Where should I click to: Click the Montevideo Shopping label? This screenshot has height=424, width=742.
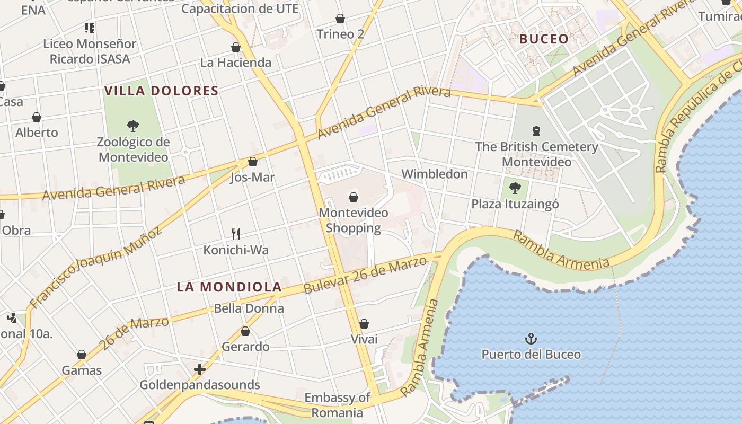coord(353,220)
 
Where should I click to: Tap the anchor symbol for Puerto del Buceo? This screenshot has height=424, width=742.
coord(531,339)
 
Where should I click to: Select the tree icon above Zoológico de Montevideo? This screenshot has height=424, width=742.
coord(133,126)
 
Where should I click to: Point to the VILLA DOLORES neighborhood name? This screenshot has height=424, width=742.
coord(162,91)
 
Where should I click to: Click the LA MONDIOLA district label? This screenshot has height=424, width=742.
coord(229,287)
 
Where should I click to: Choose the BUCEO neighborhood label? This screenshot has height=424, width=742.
coord(544,39)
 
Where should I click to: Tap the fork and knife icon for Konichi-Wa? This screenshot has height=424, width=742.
coord(236,234)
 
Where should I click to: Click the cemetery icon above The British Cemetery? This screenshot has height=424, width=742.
coord(536,130)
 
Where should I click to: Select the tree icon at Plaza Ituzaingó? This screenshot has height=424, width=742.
coord(515,188)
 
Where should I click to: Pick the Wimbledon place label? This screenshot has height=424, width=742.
coord(435,174)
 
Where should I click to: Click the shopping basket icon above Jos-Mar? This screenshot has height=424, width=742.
coord(253,162)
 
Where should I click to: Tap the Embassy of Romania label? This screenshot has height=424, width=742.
coord(337,405)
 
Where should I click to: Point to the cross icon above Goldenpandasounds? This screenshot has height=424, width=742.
coord(200,369)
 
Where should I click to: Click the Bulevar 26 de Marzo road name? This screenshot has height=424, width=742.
coord(365,276)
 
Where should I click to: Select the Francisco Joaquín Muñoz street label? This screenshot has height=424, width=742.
coord(95,268)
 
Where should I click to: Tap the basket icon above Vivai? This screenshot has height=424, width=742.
coord(364,324)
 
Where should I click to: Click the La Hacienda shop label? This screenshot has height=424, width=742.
coord(235,63)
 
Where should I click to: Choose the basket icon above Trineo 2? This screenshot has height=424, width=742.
coord(340,19)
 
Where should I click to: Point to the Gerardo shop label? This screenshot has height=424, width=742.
coord(245,347)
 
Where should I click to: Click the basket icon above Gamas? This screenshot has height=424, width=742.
coord(82,355)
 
